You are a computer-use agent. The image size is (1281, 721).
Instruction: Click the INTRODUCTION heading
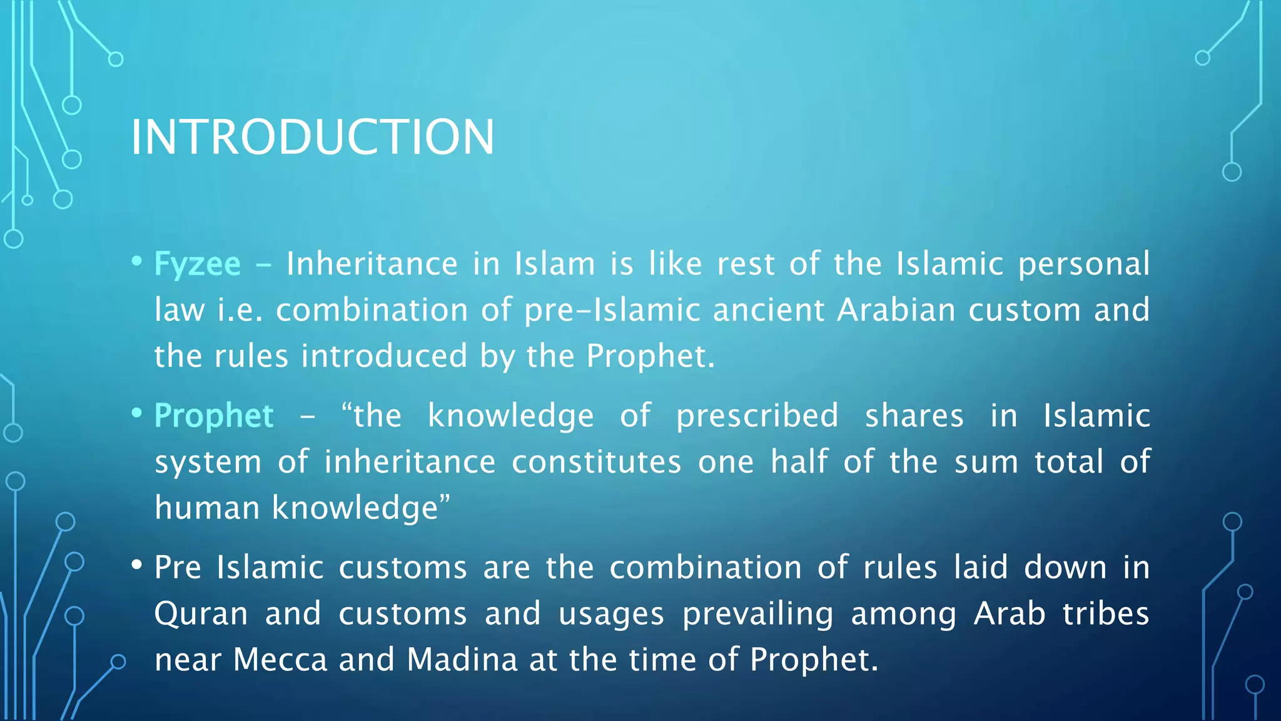(312, 137)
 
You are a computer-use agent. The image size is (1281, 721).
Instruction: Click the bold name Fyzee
(197, 264)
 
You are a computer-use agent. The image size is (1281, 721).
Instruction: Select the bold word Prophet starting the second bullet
(214, 416)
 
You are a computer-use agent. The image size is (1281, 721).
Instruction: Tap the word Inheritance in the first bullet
(372, 264)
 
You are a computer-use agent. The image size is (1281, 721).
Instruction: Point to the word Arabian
(896, 310)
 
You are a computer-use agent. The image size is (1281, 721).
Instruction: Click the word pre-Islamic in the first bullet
(612, 310)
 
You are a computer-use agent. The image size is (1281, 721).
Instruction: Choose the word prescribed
(757, 416)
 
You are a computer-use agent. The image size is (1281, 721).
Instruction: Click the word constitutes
(596, 463)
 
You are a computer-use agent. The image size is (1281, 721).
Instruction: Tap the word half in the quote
(799, 461)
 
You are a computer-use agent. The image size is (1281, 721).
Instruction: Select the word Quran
(201, 614)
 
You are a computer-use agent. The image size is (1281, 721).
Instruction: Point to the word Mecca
(280, 660)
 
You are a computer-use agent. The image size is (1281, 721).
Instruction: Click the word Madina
(462, 660)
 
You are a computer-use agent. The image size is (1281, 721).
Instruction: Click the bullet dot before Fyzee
(137, 261)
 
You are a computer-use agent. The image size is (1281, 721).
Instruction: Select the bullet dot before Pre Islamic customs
(137, 565)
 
